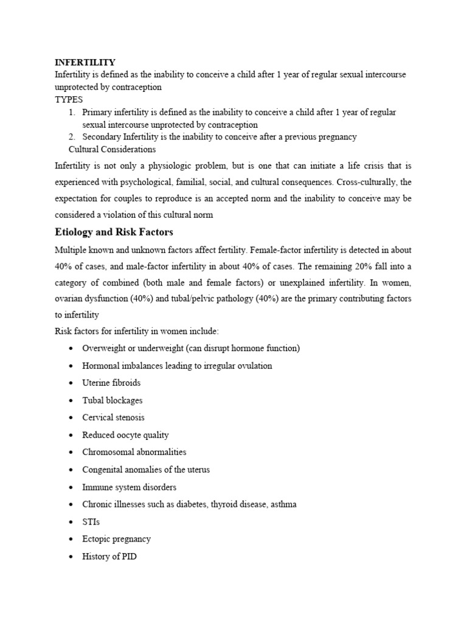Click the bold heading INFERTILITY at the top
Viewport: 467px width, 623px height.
click(85, 62)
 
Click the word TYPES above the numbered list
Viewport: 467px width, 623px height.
click(69, 100)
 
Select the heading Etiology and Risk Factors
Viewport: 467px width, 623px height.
click(114, 232)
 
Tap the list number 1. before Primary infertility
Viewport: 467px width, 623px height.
click(72, 113)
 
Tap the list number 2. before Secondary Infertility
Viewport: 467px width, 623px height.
click(72, 137)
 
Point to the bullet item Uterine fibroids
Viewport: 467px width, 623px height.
click(111, 383)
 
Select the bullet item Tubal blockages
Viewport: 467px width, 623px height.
click(112, 400)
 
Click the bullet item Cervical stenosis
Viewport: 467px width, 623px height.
click(114, 417)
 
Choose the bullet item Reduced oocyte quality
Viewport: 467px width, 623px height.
click(126, 435)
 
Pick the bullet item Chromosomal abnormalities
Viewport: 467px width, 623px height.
click(134, 452)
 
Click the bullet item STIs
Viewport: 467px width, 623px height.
click(91, 521)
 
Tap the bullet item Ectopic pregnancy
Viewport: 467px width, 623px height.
click(117, 539)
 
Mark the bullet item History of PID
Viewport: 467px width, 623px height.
click(109, 556)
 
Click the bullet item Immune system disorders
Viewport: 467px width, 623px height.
click(129, 487)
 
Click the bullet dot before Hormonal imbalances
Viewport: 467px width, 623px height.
click(72, 366)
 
